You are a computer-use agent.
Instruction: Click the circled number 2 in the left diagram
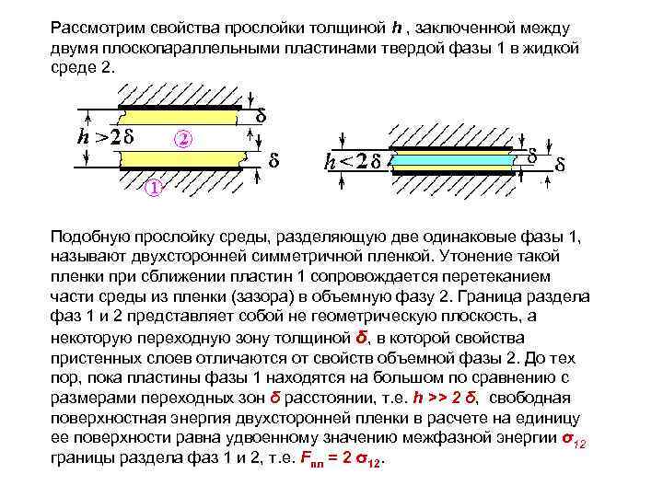click(184, 140)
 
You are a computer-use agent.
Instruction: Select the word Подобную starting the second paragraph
click(90, 237)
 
